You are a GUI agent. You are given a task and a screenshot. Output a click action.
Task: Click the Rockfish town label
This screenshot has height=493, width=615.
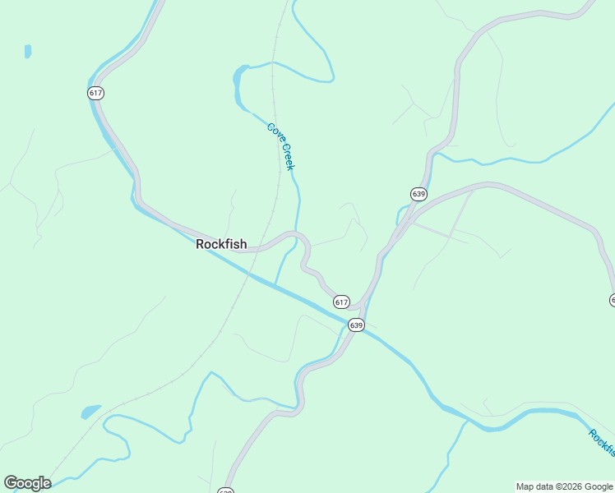221,244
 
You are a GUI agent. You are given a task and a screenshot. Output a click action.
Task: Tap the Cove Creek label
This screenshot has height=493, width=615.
280,146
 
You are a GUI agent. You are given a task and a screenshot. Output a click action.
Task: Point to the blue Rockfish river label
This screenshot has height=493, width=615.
603,444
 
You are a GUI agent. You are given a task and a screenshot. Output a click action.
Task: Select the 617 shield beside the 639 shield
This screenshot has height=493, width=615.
342,302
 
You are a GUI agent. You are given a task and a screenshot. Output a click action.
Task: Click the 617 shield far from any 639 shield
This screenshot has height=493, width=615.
95,93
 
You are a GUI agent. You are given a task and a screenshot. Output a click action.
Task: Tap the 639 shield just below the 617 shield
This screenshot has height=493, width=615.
356,325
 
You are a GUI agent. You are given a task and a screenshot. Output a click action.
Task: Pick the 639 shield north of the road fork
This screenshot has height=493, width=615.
418,194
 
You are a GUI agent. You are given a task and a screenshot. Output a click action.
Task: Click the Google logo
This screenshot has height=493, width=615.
27,483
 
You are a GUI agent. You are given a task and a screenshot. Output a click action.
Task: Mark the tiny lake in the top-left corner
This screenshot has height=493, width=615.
28,51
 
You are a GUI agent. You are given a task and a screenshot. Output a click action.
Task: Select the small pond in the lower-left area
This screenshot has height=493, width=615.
90,410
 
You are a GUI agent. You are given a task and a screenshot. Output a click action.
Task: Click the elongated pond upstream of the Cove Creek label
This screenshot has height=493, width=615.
238,87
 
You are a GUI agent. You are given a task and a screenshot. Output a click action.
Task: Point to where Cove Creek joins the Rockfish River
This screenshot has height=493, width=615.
275,284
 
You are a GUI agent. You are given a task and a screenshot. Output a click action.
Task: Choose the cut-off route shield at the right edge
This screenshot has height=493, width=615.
612,301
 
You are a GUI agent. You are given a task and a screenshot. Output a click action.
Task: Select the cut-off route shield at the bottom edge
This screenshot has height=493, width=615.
226,491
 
